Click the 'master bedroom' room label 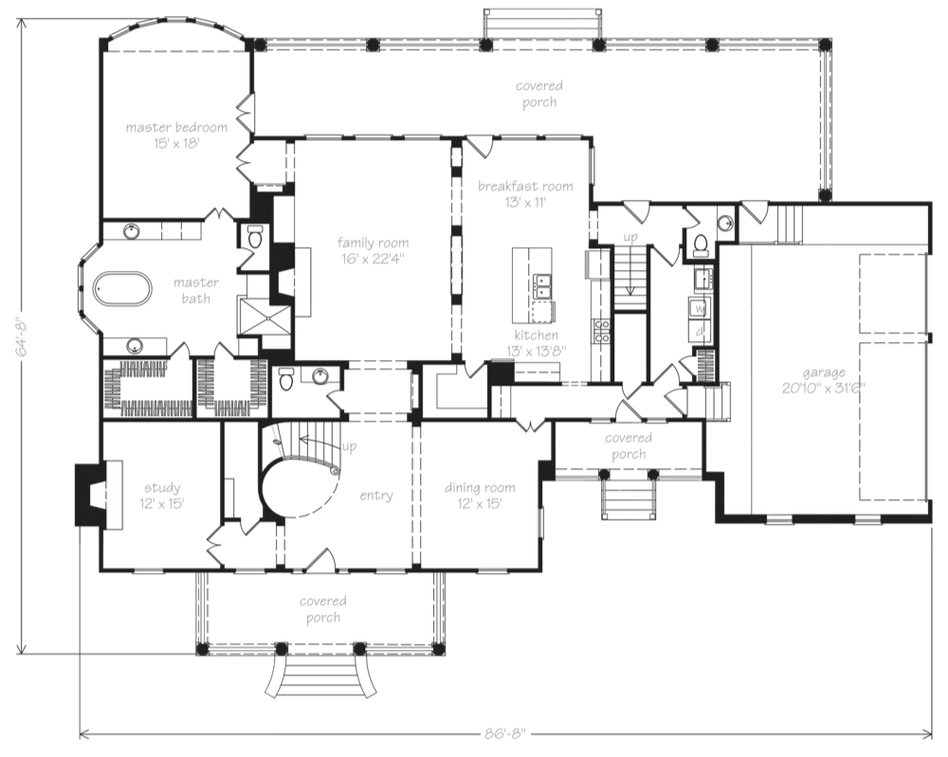coord(177,127)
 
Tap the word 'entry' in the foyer coord(376,496)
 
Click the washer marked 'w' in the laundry coord(700,309)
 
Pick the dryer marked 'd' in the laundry coord(700,332)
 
